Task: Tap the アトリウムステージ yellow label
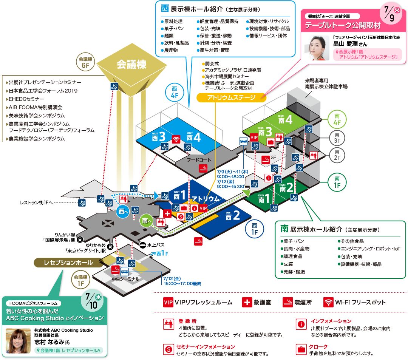tap(231, 97)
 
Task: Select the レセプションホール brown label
tap(68, 263)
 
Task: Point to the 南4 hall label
tap(285, 120)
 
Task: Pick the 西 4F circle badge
tap(174, 92)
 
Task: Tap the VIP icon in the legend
tap(168, 302)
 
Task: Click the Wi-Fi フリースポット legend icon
tap(329, 302)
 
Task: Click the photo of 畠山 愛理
tap(316, 48)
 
